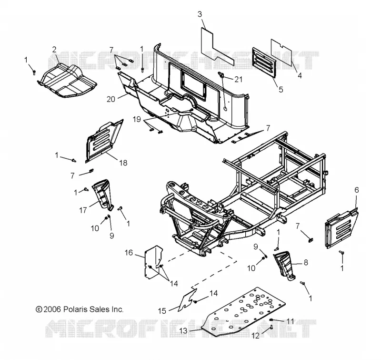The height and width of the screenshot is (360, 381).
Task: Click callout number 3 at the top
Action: click(x=200, y=14)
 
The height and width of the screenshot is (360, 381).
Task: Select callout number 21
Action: click(x=239, y=79)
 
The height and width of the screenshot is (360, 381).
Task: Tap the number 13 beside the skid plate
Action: click(x=184, y=331)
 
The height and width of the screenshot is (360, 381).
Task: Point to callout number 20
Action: click(x=111, y=99)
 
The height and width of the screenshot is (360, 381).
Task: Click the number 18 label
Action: click(x=123, y=163)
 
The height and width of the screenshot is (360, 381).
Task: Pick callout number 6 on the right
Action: click(x=356, y=190)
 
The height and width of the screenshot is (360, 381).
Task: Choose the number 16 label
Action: click(x=129, y=253)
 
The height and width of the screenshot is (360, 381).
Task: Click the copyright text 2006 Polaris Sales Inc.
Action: click(x=80, y=309)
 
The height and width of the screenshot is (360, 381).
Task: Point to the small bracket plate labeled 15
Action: click(x=187, y=300)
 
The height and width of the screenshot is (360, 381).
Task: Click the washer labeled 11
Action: click(x=271, y=319)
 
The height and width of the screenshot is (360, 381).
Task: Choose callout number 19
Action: click(x=137, y=119)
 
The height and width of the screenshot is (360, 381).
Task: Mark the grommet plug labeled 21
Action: click(x=221, y=74)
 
